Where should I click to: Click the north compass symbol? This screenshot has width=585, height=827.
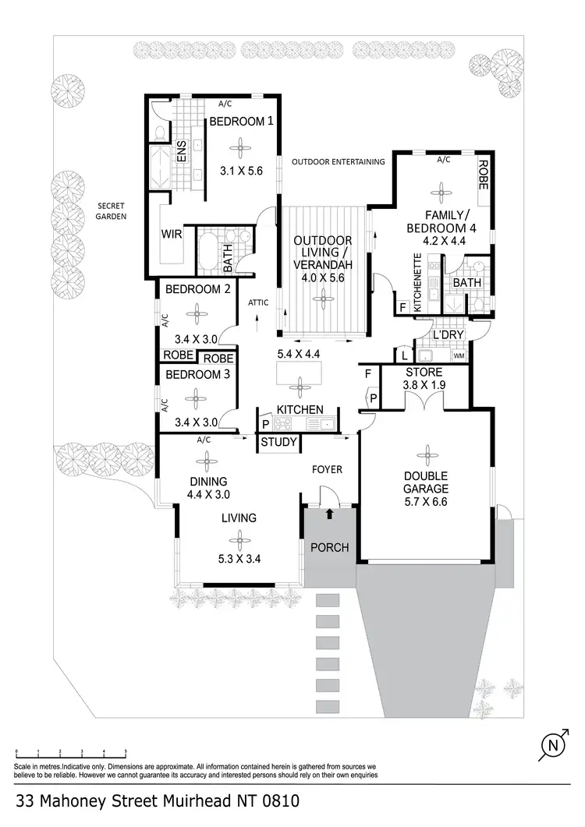pyautogui.click(x=553, y=746)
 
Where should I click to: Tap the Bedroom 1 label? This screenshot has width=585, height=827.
pyautogui.click(x=239, y=121)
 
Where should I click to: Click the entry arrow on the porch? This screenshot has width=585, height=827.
pyautogui.click(x=329, y=514)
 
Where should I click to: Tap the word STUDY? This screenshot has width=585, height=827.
pyautogui.click(x=278, y=444)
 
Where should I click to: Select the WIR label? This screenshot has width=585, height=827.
pyautogui.click(x=172, y=233)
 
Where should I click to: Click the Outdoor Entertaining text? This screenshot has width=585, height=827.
pyautogui.click(x=338, y=162)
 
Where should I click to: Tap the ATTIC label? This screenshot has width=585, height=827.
pyautogui.click(x=257, y=302)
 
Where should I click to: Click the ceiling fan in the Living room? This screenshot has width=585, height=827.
pyautogui.click(x=239, y=539)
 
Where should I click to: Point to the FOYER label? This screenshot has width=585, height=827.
pyautogui.click(x=327, y=469)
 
